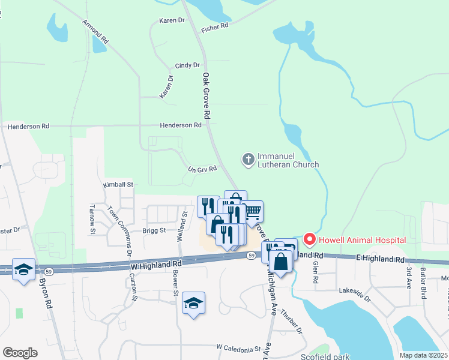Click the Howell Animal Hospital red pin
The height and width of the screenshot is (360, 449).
point(310,239)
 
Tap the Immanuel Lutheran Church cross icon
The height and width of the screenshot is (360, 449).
point(248,159)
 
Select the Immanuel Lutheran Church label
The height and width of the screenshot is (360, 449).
point(288,160)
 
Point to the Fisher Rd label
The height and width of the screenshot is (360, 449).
point(215,27)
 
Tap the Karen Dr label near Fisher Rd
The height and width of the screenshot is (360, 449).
point(172,20)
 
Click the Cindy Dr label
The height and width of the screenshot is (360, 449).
point(187,65)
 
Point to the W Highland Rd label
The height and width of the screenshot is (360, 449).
point(155,264)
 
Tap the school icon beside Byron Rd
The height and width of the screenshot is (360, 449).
point(23,271)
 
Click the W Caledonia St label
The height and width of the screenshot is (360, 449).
point(239,347)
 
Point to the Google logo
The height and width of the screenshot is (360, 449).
point(20,353)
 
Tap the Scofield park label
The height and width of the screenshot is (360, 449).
point(325,356)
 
